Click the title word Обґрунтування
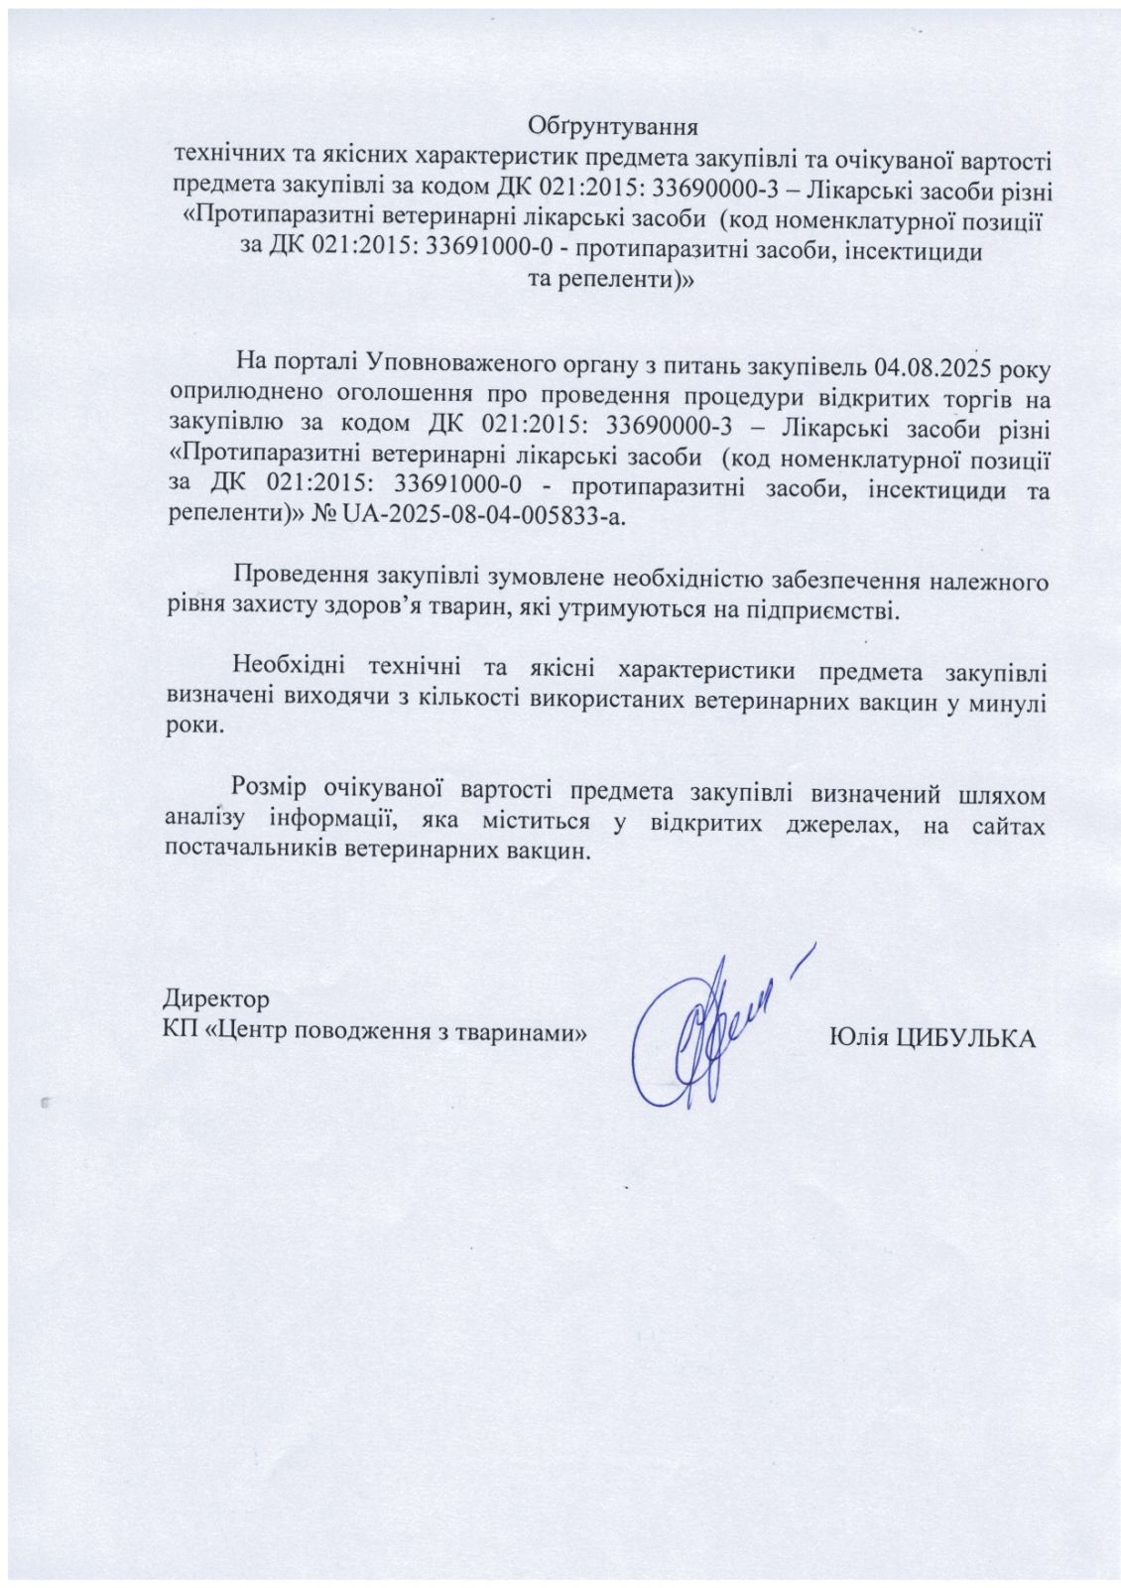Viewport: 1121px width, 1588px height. point(613,128)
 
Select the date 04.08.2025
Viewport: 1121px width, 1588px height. point(935,368)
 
